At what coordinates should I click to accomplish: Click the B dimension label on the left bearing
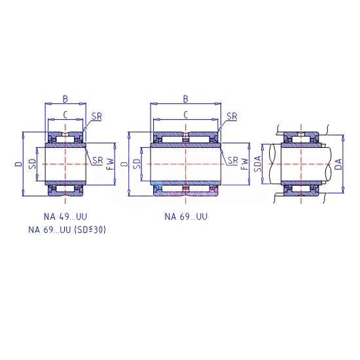click(65, 99)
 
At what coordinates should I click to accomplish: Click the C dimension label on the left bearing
click(65, 115)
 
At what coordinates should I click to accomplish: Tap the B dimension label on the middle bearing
click(185, 99)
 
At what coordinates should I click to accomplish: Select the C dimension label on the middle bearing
click(185, 115)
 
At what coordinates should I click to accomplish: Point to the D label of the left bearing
click(19, 164)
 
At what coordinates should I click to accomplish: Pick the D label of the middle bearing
click(124, 164)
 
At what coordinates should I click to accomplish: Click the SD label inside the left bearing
click(33, 164)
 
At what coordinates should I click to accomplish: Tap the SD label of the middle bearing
click(137, 164)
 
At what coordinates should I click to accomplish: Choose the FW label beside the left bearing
click(111, 164)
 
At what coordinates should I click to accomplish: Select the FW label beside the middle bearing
click(245, 164)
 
